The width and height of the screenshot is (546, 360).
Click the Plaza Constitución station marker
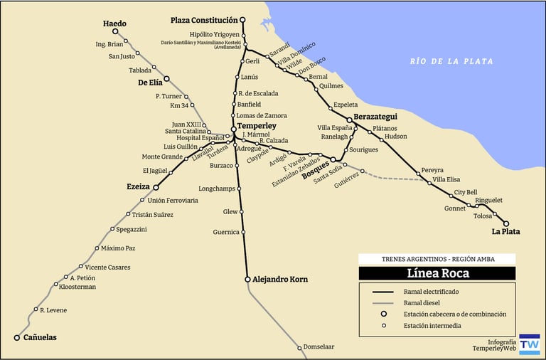point(242,21)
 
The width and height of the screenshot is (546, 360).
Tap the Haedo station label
point(114,23)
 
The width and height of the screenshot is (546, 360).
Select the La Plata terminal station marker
point(506,223)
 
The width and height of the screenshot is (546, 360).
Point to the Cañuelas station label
point(40,337)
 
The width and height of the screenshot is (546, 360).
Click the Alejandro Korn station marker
point(248,280)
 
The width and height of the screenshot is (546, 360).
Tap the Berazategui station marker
point(349,120)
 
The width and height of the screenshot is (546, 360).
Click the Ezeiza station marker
point(156,187)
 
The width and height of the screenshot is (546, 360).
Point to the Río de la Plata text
point(451,61)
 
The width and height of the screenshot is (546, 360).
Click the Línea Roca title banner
point(437,273)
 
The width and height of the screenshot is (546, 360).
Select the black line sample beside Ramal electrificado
point(383,292)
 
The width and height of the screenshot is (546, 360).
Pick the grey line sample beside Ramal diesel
point(383,303)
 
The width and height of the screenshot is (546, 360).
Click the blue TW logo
point(530,344)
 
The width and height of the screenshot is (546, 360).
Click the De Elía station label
point(150,82)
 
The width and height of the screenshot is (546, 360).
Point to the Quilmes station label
point(331,86)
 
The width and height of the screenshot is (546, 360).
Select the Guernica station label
point(226,232)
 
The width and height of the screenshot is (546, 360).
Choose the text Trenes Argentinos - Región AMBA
point(437,259)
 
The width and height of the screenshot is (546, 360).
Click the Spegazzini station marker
point(112,229)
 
